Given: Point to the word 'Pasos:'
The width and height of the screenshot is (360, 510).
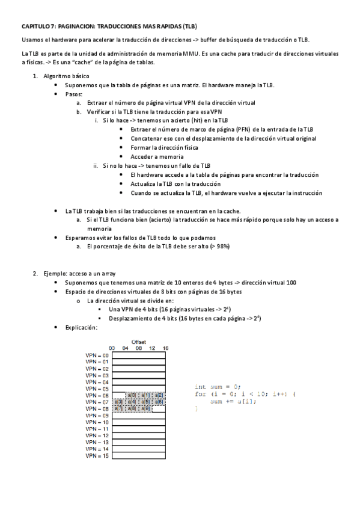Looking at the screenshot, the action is point(74,94).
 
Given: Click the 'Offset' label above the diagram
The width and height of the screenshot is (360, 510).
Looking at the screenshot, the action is point(139,342).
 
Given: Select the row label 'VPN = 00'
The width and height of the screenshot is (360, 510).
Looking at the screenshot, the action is point(97,355).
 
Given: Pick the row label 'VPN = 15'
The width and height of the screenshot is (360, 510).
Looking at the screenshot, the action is point(97,456).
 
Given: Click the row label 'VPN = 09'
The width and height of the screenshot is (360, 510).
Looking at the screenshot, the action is point(97,416).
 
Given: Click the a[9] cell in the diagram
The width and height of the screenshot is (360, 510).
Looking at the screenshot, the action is point(145,409).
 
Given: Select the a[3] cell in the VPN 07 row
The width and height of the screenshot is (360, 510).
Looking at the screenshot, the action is point(118,402).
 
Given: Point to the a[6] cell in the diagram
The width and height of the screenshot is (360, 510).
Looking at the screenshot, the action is point(158,402).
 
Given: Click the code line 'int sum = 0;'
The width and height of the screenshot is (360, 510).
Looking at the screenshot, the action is point(217,386).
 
